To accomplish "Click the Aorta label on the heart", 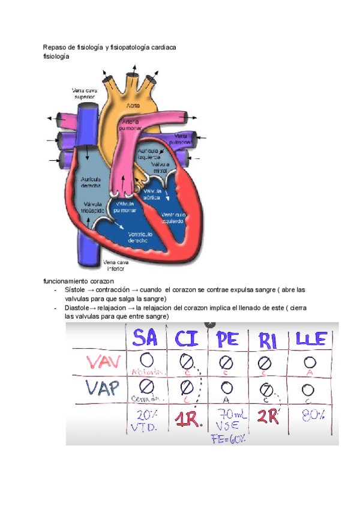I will [x=133, y=106].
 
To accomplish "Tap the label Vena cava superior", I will [x=85, y=94].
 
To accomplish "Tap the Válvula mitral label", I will [x=160, y=167].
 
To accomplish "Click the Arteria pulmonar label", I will [x=130, y=125].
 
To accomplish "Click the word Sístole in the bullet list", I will [x=74, y=289].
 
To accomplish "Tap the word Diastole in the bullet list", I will [x=76, y=307].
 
